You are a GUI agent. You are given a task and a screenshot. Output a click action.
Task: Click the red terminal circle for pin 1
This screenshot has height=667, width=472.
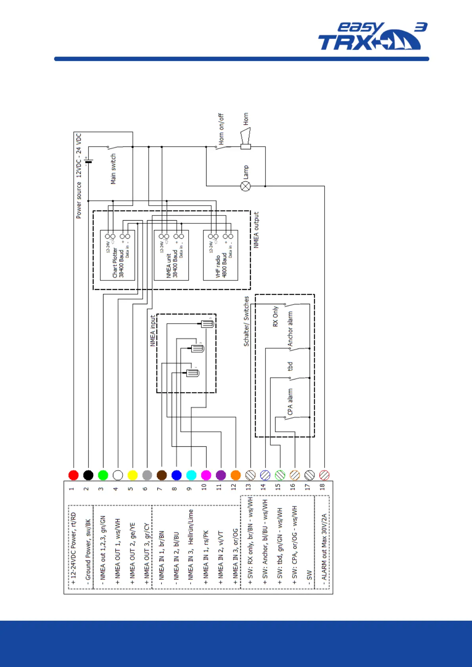click(x=73, y=475)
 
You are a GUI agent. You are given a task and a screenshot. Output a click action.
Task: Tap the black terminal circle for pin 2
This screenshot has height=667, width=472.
click(x=88, y=475)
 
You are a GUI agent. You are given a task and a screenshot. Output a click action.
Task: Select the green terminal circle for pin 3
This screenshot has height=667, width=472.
click(x=103, y=475)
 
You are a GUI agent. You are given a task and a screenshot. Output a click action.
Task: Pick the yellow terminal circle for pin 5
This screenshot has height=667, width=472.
click(x=132, y=475)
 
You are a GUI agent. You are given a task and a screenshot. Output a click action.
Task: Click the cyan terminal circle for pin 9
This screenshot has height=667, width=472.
click(x=191, y=475)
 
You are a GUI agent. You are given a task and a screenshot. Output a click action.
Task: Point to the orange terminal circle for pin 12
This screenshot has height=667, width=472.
click(x=235, y=475)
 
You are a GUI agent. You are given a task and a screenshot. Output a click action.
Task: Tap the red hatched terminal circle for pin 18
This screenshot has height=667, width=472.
click(x=324, y=475)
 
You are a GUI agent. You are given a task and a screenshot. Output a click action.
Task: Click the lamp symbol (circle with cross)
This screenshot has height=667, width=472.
click(x=246, y=186)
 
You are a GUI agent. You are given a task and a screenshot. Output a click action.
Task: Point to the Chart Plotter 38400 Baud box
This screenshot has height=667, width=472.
click(x=117, y=255)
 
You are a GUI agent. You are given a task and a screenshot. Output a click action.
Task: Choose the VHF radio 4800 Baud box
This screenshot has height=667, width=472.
click(x=220, y=255)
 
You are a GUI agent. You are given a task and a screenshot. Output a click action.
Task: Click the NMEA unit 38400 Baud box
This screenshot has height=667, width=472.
click(x=171, y=255)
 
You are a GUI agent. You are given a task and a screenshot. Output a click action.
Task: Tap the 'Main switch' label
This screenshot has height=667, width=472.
click(x=113, y=169)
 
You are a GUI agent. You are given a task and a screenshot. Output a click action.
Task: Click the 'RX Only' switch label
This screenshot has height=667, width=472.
click(x=275, y=316)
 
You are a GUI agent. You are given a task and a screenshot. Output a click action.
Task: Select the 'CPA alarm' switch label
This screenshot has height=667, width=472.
click(x=290, y=402)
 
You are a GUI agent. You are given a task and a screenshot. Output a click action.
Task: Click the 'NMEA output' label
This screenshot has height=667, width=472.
click(x=256, y=230)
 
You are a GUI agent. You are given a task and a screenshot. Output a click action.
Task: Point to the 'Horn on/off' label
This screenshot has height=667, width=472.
click(x=221, y=129)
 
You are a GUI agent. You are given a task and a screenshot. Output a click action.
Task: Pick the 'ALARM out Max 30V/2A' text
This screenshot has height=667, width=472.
click(x=324, y=547)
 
